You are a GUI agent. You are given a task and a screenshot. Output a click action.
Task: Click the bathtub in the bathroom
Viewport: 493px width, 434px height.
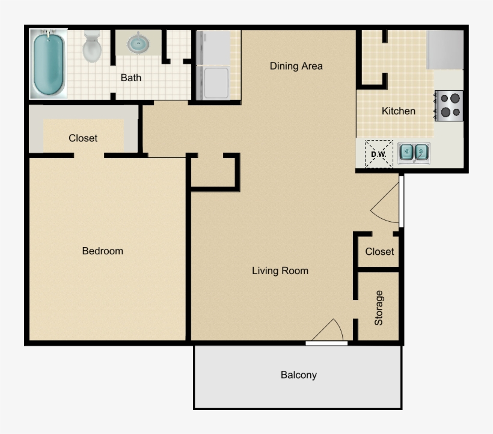[x=49, y=64]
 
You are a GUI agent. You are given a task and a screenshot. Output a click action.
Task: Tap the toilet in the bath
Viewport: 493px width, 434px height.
[x=92, y=47]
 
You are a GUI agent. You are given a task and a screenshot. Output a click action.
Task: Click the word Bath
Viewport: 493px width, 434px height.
[x=131, y=78]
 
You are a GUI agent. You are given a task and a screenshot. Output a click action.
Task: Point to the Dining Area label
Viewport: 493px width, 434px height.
[x=296, y=66]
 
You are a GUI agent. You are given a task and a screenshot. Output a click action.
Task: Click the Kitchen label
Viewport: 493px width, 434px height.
[x=398, y=111]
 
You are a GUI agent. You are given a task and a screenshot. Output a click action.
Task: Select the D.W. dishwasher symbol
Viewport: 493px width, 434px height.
[x=378, y=154]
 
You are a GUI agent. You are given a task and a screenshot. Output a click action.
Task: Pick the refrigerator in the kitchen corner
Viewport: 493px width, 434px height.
[x=445, y=50]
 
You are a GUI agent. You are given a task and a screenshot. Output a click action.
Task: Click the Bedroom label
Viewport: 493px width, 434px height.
[x=102, y=251]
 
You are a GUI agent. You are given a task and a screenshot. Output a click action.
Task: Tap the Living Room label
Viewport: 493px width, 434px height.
[x=280, y=271]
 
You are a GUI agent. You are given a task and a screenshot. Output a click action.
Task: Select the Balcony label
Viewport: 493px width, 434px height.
[x=298, y=375]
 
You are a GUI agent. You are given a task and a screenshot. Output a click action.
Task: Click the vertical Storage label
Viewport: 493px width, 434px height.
[x=379, y=308]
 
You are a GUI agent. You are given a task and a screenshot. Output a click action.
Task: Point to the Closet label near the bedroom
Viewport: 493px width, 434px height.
[x=83, y=138]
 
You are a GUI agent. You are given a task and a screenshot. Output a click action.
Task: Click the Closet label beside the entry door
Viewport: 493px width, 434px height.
[x=379, y=251]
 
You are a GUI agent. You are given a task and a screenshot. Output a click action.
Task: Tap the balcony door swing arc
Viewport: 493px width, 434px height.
[x=329, y=330]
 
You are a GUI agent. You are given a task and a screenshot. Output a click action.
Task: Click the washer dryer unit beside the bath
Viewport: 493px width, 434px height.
[x=213, y=66]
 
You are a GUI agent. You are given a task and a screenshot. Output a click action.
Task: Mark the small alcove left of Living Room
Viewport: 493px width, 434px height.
[x=213, y=172]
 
